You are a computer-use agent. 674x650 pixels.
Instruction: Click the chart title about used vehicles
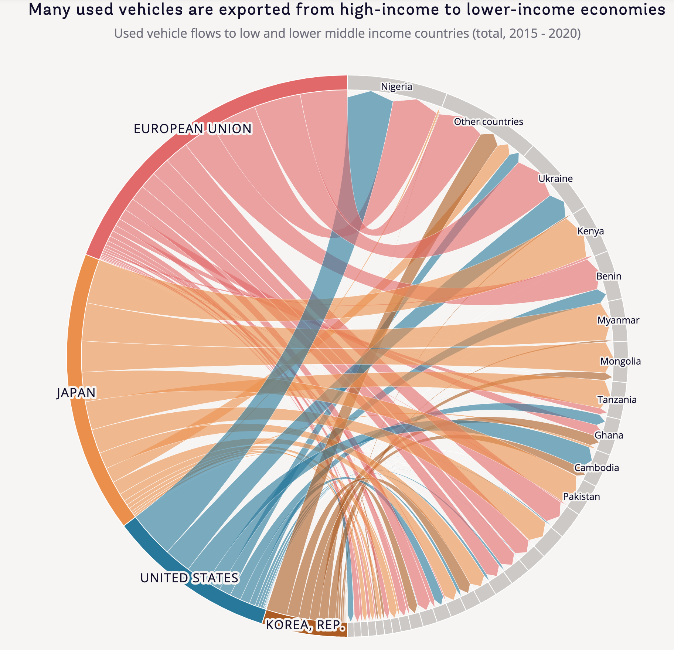tap(347, 10)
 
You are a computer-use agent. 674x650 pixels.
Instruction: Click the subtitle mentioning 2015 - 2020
tap(347, 34)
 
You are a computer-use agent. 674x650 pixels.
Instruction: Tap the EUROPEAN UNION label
tap(193, 129)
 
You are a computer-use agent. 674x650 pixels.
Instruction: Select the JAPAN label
tap(76, 393)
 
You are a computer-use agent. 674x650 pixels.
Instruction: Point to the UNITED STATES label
tap(189, 578)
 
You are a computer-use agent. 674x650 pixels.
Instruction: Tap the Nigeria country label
tap(396, 87)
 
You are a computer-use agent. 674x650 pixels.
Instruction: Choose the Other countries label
tap(488, 122)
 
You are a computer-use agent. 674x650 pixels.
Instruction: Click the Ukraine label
tap(555, 179)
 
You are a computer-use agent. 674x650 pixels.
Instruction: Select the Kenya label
tap(590, 231)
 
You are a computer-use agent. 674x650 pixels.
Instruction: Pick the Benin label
tap(609, 277)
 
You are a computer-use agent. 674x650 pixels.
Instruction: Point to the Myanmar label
tap(618, 320)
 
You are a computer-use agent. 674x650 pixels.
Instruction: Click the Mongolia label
tap(620, 361)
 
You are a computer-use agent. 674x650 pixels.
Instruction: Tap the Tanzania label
tap(617, 400)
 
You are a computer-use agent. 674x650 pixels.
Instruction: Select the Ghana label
tap(609, 435)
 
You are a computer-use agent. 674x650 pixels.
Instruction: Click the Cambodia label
tap(596, 468)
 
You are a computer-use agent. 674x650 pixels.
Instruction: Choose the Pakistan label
tap(581, 497)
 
